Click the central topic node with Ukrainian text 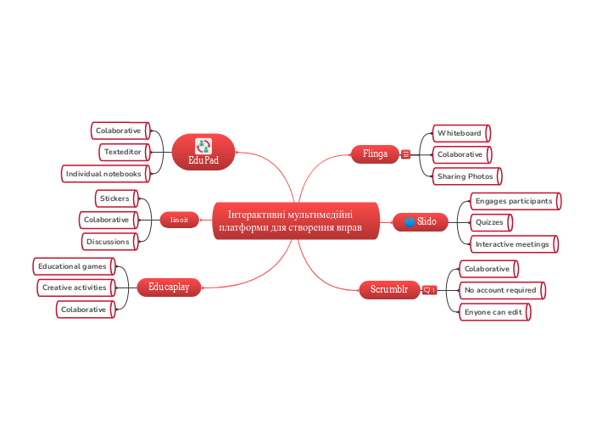coord(295,221)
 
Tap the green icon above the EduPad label coord(204,146)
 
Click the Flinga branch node coord(375,154)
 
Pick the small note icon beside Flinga coord(406,154)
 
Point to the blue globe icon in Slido coord(410,221)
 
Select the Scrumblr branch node coord(389,289)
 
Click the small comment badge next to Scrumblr coord(429,290)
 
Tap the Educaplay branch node coord(169,287)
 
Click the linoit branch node coord(179,220)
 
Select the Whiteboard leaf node coord(460,133)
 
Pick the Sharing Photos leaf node coord(465,176)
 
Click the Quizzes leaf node coord(489,222)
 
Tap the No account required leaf coord(500,290)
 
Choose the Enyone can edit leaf coord(493,312)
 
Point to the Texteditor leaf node coord(123,152)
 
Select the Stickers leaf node coord(114,198)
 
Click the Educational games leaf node coord(72,266)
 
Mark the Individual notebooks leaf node coord(105,174)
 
